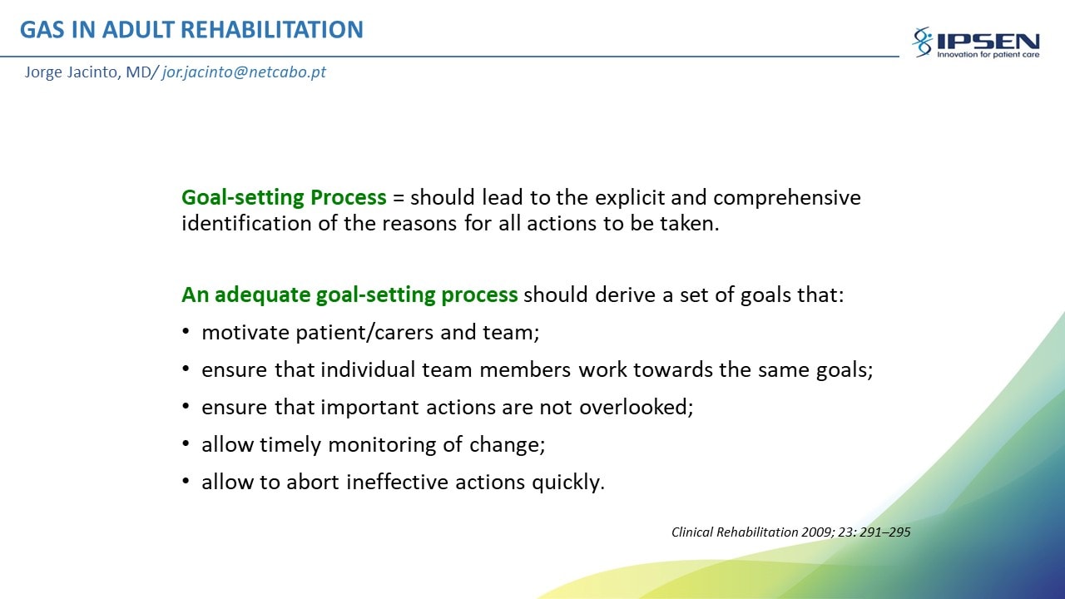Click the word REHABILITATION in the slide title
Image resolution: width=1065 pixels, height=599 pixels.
point(272,29)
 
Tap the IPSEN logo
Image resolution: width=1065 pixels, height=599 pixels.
point(976,42)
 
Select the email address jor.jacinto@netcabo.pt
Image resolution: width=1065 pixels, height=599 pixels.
point(244,72)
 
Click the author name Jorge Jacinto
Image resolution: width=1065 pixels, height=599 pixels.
point(71,72)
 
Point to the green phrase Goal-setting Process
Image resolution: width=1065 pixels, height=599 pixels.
point(284,197)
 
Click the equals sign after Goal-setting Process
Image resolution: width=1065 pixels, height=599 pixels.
point(399,198)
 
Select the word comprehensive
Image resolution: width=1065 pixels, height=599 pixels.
point(787,198)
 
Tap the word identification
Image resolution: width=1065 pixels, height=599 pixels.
point(246,223)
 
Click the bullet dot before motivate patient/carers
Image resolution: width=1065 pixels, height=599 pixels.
point(186,331)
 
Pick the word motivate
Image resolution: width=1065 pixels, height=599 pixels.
point(245,332)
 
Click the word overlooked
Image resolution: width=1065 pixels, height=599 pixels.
point(636,407)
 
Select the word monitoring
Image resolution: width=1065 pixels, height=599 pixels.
point(382,445)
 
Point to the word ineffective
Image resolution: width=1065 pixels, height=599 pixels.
point(397,482)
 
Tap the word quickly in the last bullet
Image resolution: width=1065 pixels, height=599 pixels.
point(567,483)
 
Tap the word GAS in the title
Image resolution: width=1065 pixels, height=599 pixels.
point(42,29)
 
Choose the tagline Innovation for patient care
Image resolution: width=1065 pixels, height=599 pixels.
point(988,55)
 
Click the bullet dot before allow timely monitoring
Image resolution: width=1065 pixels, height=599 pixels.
point(186,444)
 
